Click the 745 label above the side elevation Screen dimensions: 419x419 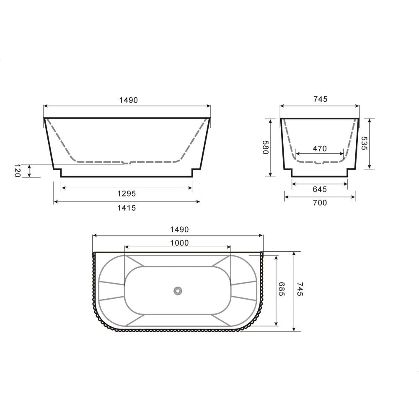(x=320, y=99)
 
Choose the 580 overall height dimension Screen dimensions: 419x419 (x=265, y=147)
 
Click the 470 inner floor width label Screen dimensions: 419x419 (x=319, y=148)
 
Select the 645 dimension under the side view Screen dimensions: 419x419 (x=319, y=189)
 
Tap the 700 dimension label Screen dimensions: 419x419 (x=320, y=203)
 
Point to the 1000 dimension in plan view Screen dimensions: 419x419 (x=179, y=243)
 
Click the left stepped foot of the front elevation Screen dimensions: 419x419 (x=58, y=172)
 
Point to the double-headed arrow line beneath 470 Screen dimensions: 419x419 (x=319, y=154)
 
